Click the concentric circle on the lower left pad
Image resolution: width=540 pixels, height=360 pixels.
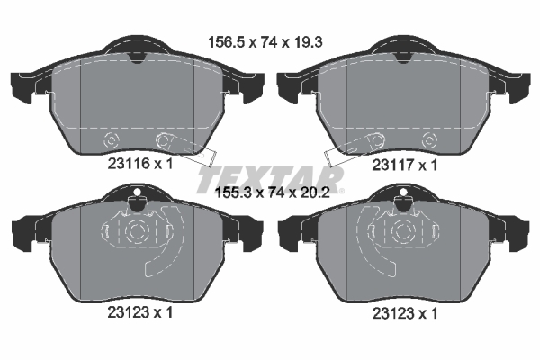(136, 231)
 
